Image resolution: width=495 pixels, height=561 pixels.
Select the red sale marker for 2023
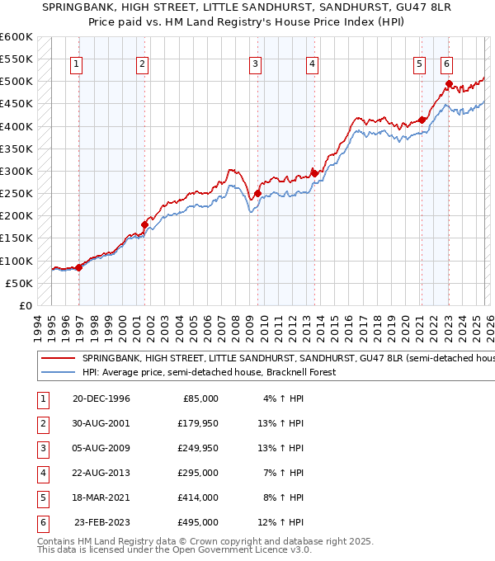click(449, 83)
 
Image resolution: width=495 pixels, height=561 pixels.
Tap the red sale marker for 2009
click(257, 194)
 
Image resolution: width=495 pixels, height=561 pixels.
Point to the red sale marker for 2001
click(144, 224)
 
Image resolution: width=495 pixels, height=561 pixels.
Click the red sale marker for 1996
click(78, 267)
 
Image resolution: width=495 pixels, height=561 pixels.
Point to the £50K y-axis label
click(19, 283)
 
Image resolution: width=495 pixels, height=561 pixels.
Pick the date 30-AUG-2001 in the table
click(101, 423)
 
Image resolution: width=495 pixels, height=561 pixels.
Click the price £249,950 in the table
click(197, 449)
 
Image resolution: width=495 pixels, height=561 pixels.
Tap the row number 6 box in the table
click(42, 523)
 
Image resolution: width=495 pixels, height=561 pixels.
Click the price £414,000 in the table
click(197, 498)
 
